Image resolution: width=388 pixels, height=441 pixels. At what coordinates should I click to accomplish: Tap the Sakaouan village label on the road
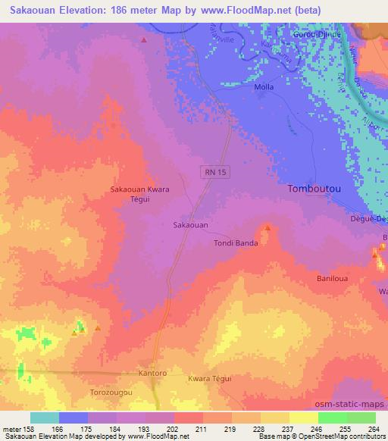(191, 225)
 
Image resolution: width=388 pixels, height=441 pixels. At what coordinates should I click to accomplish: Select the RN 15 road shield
(214, 173)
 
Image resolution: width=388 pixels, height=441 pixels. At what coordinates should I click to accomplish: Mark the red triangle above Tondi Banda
(267, 227)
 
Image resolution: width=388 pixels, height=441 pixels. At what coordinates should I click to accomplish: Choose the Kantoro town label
(152, 374)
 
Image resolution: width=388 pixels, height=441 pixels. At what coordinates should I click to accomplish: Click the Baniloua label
(331, 279)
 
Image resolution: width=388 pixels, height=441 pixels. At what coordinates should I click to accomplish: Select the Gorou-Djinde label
(318, 34)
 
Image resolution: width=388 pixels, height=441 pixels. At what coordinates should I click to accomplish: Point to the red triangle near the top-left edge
(143, 39)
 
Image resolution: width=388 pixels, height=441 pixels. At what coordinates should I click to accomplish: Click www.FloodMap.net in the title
(240, 10)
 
